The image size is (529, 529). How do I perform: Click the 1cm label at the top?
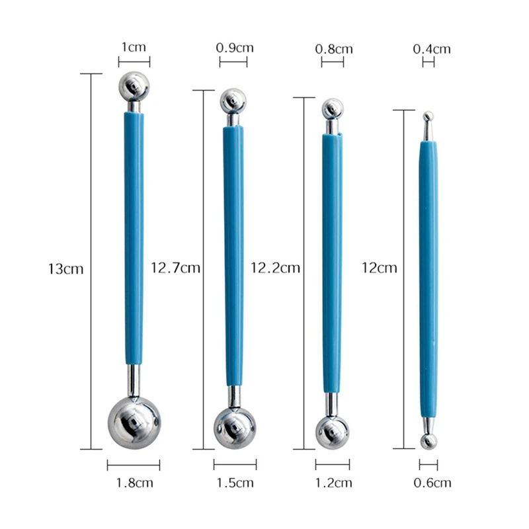134,47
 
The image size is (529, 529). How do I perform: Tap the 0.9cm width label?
235,48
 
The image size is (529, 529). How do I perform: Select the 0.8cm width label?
334,49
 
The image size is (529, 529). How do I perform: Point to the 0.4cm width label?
432,49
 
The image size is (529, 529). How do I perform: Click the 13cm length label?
65,269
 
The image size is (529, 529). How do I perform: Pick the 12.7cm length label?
175,268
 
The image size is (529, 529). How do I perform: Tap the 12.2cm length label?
275,268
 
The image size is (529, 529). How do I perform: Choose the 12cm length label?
379,268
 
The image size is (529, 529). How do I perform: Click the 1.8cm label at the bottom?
134,483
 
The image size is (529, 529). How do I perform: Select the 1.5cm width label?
235,483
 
